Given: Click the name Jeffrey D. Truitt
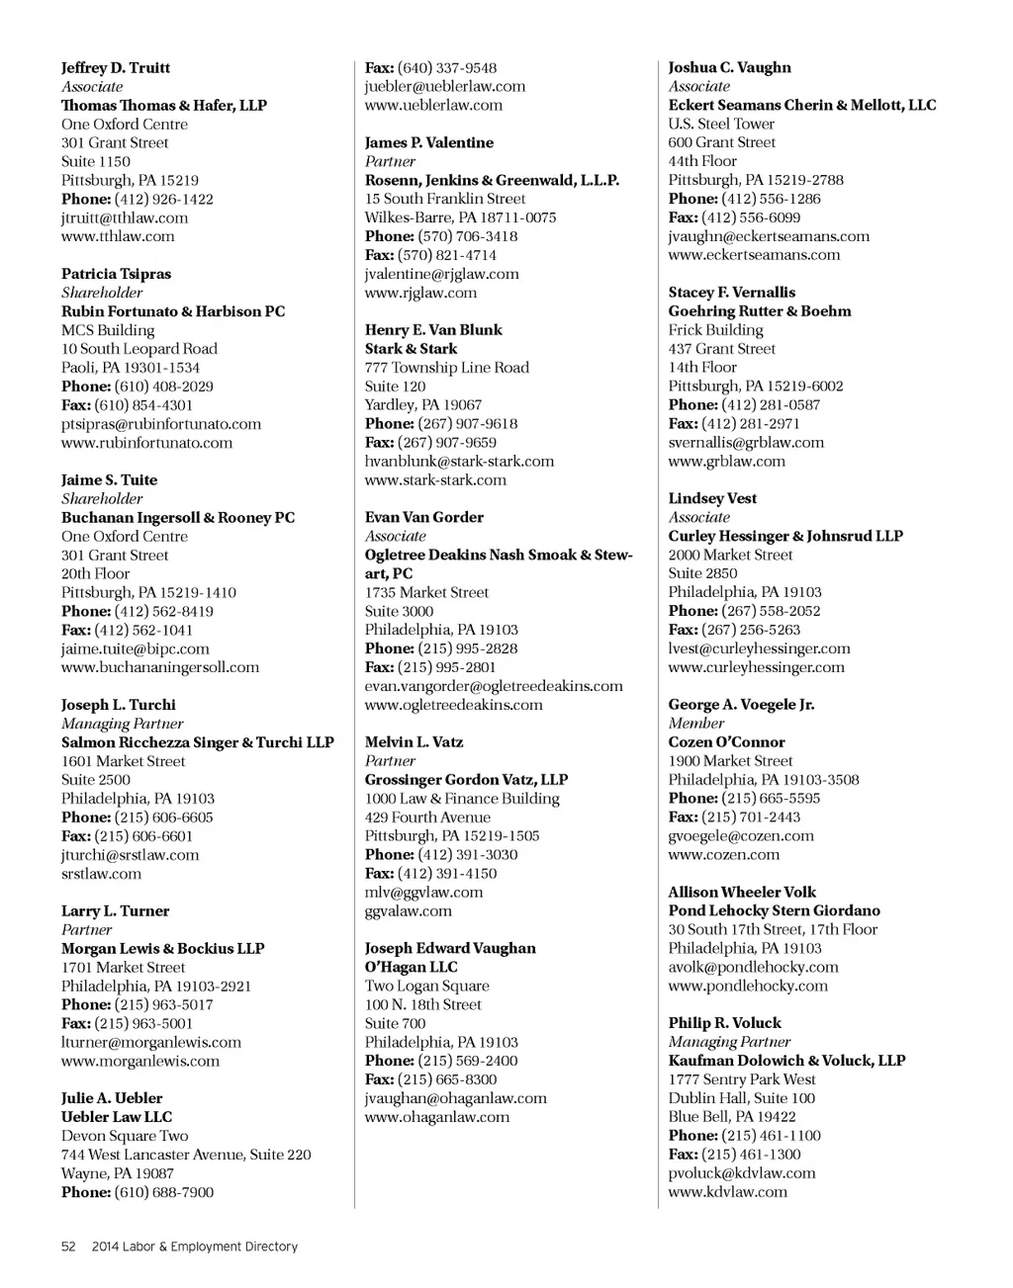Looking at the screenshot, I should [x=115, y=67].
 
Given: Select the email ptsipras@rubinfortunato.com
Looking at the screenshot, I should [x=161, y=424].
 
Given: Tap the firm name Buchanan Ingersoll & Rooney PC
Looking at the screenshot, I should [x=178, y=518].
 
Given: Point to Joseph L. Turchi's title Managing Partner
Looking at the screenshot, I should [x=122, y=724].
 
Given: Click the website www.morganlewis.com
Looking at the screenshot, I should [x=140, y=1061].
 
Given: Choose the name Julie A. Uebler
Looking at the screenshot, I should [x=112, y=1098].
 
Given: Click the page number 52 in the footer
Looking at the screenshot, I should [x=68, y=1246].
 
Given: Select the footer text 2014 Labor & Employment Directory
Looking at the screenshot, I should [x=195, y=1246].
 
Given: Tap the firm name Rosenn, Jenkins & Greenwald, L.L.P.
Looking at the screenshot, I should [x=492, y=180].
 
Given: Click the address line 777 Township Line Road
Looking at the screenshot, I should [x=446, y=368].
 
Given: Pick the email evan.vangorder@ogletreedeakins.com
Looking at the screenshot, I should [x=494, y=686].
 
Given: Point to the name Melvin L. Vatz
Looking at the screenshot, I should [x=414, y=742].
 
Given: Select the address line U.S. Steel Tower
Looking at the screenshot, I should [x=721, y=124].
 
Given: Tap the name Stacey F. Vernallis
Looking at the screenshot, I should [x=731, y=293].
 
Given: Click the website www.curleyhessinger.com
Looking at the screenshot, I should [x=756, y=667].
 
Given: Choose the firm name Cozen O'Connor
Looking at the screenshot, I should [x=726, y=742].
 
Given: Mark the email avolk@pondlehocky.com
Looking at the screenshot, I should [x=753, y=967].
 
